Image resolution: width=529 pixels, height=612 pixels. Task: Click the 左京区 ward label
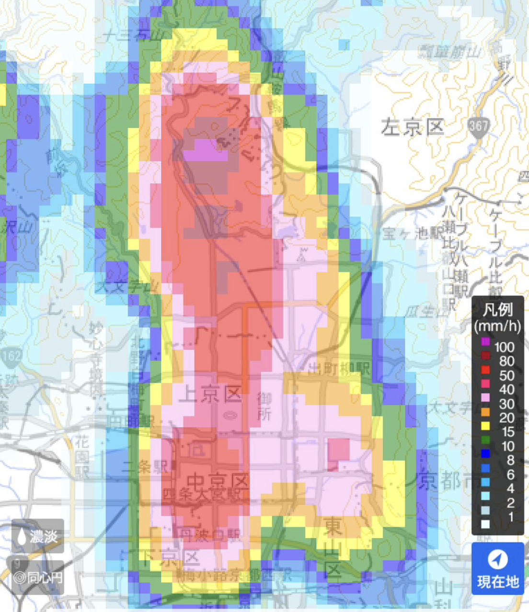(412, 127)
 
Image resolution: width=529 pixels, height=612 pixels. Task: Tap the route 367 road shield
(478, 127)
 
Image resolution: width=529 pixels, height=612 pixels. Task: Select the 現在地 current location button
(497, 568)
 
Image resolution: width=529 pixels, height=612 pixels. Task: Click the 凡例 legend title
(497, 309)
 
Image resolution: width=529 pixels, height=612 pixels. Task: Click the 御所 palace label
(264, 406)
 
